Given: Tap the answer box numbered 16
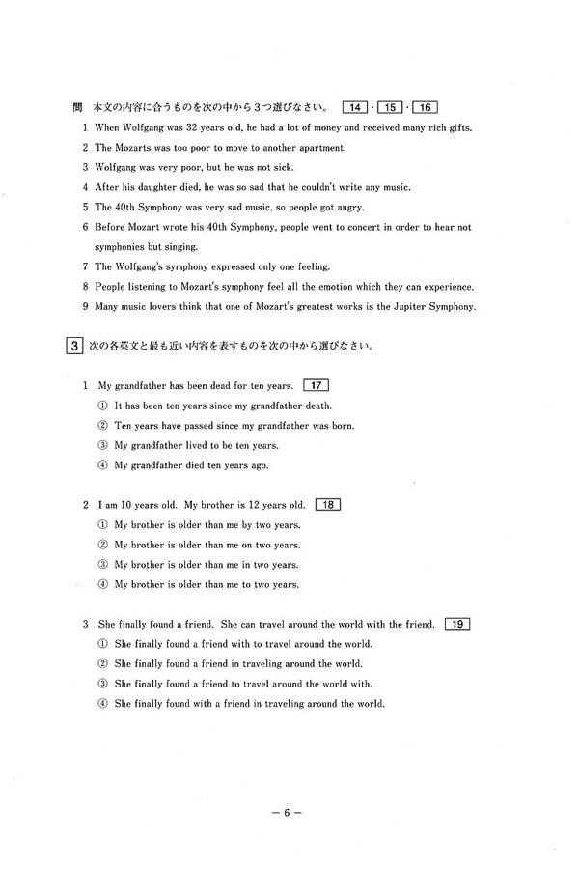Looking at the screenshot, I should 425,105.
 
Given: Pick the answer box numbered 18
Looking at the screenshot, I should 327,504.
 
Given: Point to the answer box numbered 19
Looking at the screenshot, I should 458,624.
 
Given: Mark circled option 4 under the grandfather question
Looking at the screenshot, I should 103,465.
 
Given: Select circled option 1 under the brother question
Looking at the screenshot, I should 103,524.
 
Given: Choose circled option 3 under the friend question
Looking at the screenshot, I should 103,684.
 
